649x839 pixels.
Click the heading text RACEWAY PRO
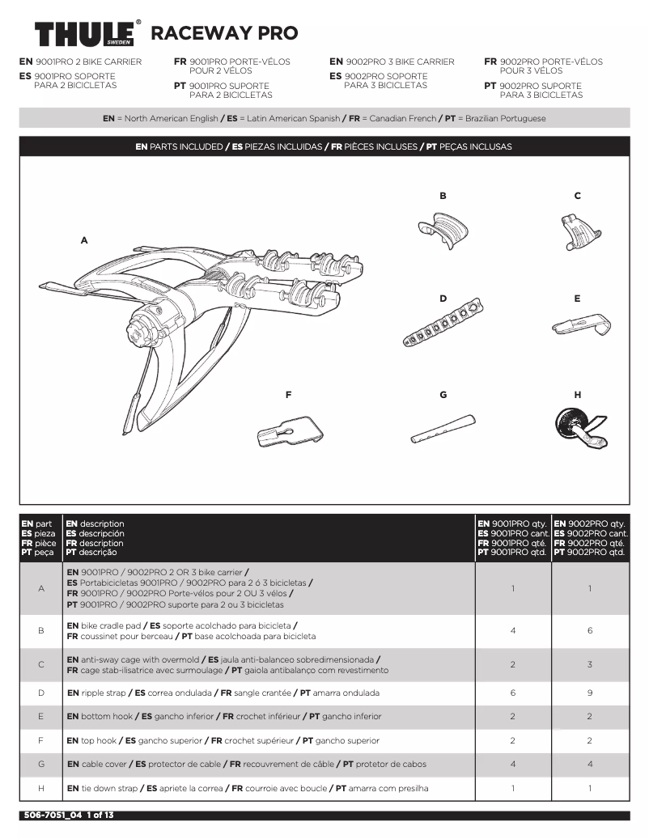(224, 33)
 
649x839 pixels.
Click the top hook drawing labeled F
(295, 430)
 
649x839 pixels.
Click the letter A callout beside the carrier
(83, 240)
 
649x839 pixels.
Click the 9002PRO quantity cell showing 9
(590, 693)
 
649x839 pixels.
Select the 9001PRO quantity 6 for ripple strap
(513, 693)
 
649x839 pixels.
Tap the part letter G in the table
(41, 765)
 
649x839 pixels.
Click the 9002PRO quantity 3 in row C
(590, 664)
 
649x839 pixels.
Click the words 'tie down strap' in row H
(109, 788)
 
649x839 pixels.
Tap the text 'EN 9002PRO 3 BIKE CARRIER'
(392, 61)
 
